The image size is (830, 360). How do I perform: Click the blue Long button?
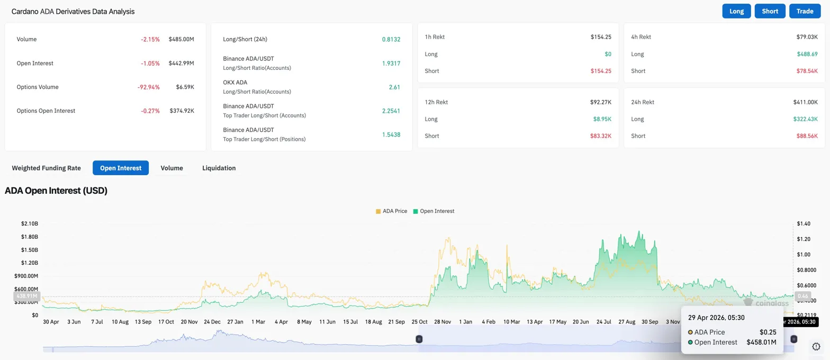coord(736,11)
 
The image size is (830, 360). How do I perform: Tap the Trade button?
coord(805,11)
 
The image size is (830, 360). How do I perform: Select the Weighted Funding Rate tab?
coord(46,168)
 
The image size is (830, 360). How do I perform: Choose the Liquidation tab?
coord(219,168)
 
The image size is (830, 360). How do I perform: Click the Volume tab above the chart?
coord(172,168)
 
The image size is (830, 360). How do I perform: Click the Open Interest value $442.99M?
coord(181,63)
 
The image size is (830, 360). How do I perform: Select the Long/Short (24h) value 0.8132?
coord(391,39)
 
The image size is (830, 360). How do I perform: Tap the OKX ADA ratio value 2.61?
coord(394,87)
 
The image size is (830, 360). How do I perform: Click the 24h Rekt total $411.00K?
coord(805,102)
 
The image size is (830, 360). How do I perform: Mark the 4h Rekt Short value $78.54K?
coord(807,71)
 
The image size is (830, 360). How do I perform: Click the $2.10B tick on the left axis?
coord(29,224)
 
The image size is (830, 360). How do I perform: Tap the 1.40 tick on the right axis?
coord(803,224)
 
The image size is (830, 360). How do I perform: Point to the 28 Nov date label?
coord(443,321)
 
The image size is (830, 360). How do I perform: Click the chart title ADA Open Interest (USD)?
coord(56,191)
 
